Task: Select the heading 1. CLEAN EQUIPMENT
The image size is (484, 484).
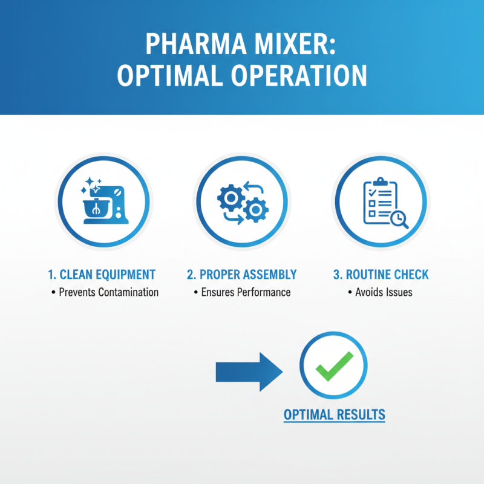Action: click(102, 274)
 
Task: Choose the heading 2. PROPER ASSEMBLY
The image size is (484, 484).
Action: click(242, 274)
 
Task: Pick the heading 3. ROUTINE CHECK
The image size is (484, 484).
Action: click(381, 274)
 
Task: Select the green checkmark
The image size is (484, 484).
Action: click(333, 366)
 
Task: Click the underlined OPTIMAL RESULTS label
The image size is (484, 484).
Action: click(334, 415)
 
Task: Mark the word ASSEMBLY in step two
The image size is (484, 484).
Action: click(269, 274)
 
